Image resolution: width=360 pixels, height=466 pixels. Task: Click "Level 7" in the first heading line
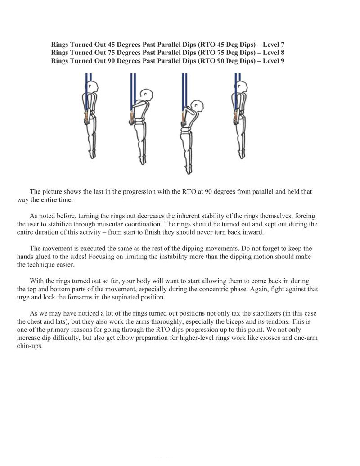pyautogui.click(x=272, y=45)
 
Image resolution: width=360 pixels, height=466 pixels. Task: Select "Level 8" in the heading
pyautogui.click(x=272, y=53)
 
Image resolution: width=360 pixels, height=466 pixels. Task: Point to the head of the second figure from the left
pyautogui.click(x=144, y=94)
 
